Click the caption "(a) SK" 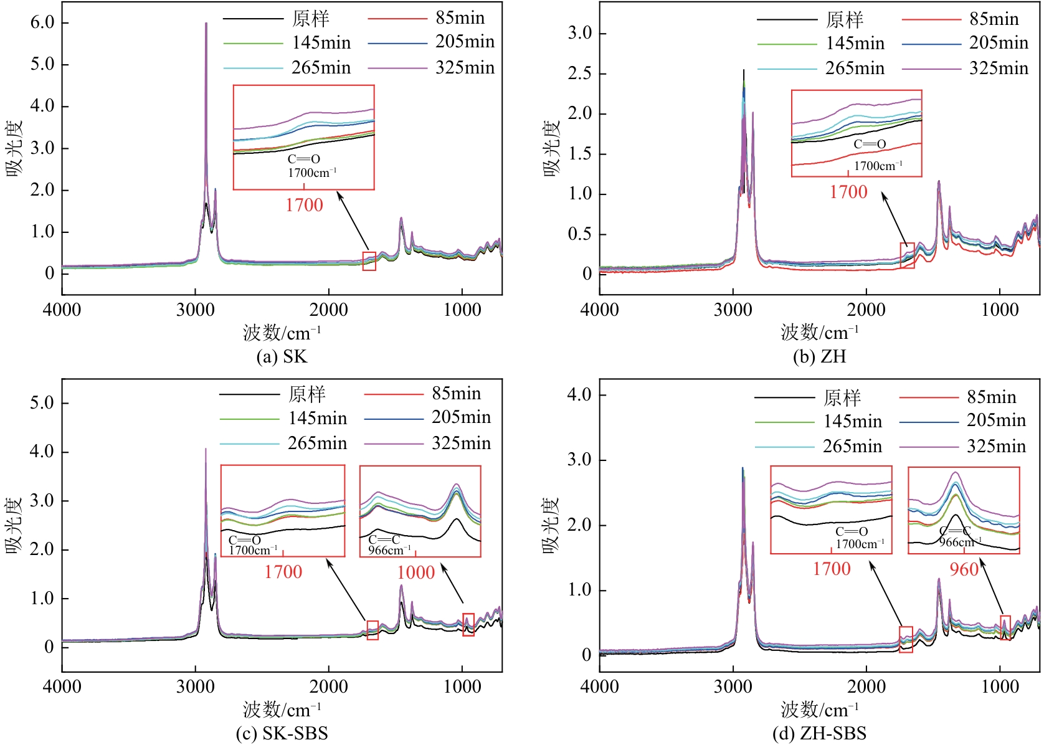(282, 356)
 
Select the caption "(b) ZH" (819, 356)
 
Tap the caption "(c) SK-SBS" (282, 733)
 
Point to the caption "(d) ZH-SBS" (819, 733)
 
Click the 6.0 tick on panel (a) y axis (42, 22)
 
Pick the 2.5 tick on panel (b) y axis (579, 74)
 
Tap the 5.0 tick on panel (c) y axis (42, 403)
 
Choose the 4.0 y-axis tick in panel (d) (579, 394)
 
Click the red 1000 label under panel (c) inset (416, 572)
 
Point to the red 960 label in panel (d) (964, 569)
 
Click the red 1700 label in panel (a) (304, 205)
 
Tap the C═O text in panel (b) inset (870, 145)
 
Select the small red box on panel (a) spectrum (369, 261)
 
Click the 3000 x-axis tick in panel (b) (733, 310)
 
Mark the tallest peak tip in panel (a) (206, 23)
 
